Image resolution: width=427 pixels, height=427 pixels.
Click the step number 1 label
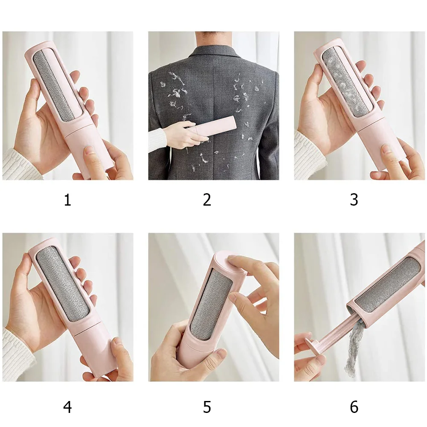[67, 200]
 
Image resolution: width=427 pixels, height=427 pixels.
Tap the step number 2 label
[207, 200]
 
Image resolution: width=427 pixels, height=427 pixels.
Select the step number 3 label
[354, 200]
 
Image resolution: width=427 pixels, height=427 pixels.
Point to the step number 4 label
[67, 407]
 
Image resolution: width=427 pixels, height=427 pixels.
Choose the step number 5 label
[207, 407]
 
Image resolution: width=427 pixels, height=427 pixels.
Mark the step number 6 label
[354, 407]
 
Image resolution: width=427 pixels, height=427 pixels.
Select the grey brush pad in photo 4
[63, 285]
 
